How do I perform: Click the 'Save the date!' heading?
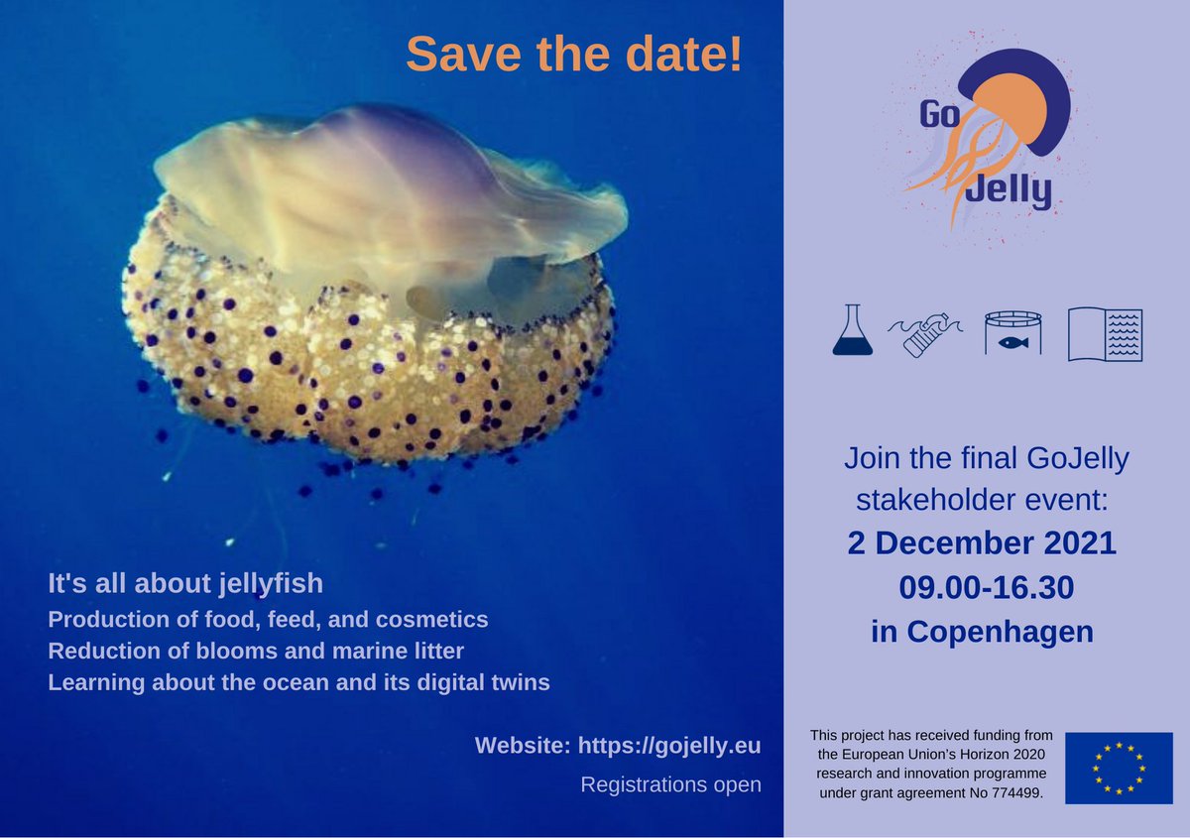pyautogui.click(x=573, y=54)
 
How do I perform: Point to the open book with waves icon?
pyautogui.click(x=1105, y=334)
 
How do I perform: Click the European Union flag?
pyautogui.click(x=1118, y=768)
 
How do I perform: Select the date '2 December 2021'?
pyautogui.click(x=982, y=543)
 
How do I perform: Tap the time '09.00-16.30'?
pyautogui.click(x=986, y=588)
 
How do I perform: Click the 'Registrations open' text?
pyautogui.click(x=670, y=784)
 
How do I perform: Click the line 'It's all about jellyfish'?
pyautogui.click(x=184, y=583)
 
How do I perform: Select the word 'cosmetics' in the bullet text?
pyautogui.click(x=436, y=620)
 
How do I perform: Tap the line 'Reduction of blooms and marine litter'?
pyautogui.click(x=256, y=651)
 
